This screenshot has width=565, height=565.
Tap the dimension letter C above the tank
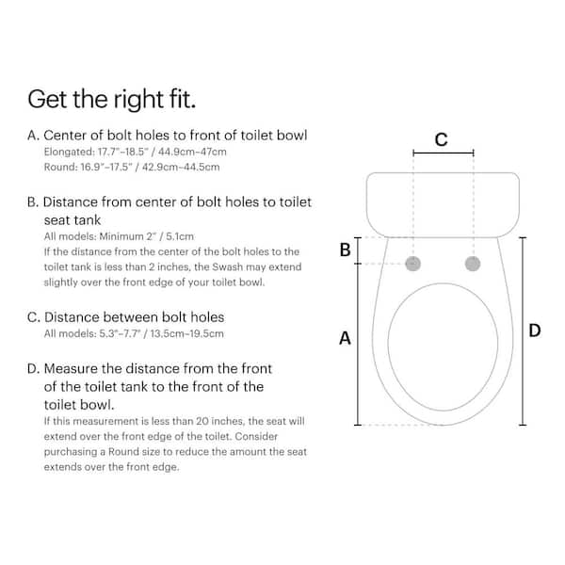click(442, 139)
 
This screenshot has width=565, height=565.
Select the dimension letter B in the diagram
click(345, 250)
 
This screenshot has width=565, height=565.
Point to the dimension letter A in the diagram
click(345, 337)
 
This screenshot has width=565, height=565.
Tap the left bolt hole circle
click(413, 264)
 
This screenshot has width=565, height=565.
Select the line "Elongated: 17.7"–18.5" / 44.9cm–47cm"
click(136, 152)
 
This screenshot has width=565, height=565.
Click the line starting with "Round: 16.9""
click(132, 167)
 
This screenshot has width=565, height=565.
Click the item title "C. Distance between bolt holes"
click(125, 317)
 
